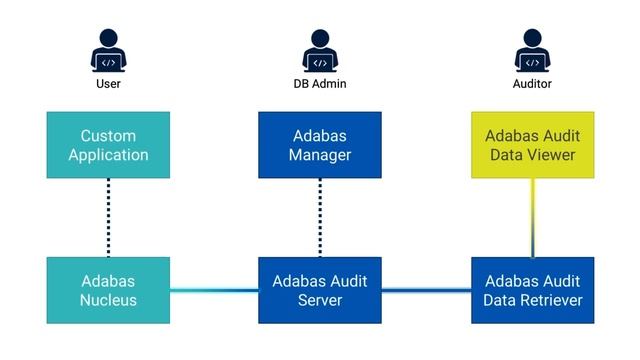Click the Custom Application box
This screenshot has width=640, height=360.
(x=108, y=145)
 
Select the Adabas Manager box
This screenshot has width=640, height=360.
(x=320, y=145)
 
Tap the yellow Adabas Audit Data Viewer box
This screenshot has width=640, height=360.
(x=532, y=145)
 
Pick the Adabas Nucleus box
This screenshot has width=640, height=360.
(x=108, y=290)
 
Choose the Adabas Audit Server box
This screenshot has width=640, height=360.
(x=320, y=290)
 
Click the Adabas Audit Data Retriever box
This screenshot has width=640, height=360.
(x=532, y=290)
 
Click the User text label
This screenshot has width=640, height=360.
(x=108, y=85)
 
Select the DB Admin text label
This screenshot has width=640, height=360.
(x=320, y=85)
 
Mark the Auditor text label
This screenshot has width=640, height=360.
(x=532, y=85)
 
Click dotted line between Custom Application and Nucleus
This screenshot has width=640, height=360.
(x=108, y=217)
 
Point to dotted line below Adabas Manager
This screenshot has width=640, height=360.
(x=320, y=217)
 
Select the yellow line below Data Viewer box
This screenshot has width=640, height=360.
(x=532, y=217)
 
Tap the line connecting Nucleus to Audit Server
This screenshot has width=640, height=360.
(x=214, y=291)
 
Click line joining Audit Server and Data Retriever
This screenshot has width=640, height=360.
(x=426, y=291)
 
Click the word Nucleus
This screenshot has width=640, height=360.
(x=108, y=300)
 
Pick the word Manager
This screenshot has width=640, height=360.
(x=320, y=155)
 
